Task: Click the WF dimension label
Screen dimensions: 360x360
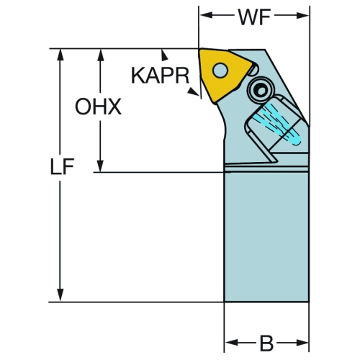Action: pos(254,17)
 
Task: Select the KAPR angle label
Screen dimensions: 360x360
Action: pos(160,76)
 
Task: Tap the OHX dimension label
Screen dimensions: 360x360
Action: pos(98,107)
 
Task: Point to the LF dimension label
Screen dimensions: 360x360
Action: pos(62,166)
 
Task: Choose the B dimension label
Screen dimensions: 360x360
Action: pos(266,343)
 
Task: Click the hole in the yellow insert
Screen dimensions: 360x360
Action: pos(220,71)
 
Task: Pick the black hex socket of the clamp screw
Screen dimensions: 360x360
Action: pos(261,91)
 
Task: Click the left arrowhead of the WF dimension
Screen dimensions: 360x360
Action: pos(206,15)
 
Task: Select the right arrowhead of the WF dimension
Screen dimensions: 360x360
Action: pos(302,15)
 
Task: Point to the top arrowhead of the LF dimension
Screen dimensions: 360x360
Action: pos(60,55)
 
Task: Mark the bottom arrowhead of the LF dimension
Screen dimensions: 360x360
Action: pos(60,295)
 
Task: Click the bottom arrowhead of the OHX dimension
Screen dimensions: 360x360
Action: pos(100,166)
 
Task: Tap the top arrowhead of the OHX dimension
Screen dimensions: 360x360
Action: pos(101,55)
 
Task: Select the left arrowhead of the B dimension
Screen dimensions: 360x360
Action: pos(231,343)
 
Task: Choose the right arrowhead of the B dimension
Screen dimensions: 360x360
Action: pos(302,343)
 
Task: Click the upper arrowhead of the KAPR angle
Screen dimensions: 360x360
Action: pos(164,55)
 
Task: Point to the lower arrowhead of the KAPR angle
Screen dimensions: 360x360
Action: pos(194,92)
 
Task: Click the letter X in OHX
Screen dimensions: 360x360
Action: pos(114,107)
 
